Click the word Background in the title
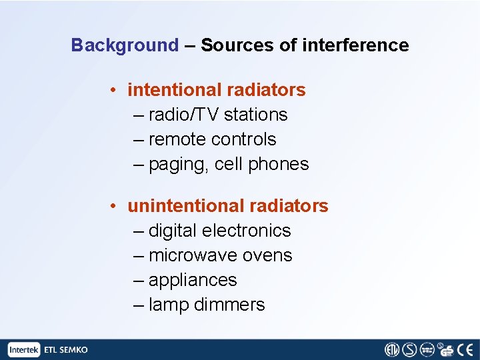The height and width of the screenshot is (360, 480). point(125,45)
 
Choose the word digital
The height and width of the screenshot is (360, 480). point(172,231)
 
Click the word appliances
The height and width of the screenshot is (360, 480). point(193,280)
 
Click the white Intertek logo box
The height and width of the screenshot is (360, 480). point(24,350)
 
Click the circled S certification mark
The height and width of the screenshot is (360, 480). point(409,350)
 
